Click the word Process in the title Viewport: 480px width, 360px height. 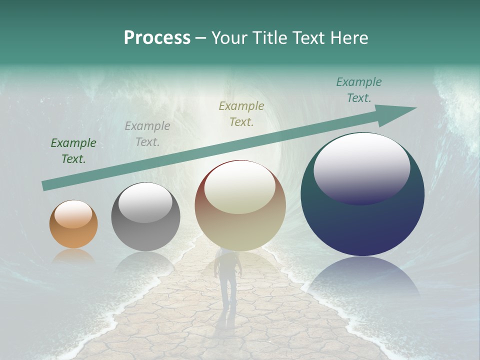coord(157,37)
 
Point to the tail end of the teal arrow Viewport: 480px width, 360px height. coord(46,185)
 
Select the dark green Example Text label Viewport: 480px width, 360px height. coord(73,151)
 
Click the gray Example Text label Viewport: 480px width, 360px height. coord(147,134)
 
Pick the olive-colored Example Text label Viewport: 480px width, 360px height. coord(241,113)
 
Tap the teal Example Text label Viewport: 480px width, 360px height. coord(359,90)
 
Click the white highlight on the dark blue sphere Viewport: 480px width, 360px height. coord(362,167)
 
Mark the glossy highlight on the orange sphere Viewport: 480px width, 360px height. coord(73,214)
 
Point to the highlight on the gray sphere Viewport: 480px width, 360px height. coord(145,202)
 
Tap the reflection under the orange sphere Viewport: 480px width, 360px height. coord(73,256)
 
